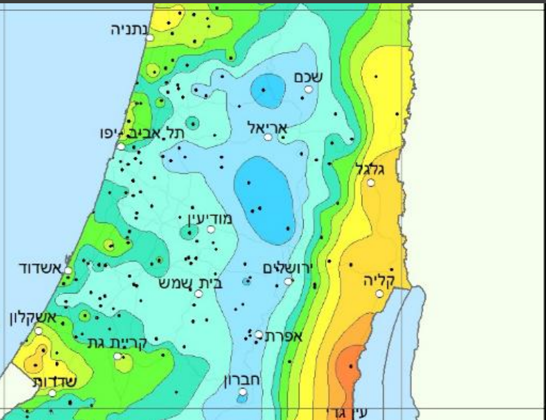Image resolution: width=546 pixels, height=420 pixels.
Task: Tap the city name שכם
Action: coord(308,77)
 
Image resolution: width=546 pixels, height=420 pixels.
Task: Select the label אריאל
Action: coord(268,128)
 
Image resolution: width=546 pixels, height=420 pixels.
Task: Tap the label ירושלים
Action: coord(287,268)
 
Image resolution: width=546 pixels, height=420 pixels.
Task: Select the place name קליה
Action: coord(380,280)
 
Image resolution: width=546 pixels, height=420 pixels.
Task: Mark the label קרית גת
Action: coord(118,343)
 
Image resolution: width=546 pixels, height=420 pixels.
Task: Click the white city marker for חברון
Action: coord(243,392)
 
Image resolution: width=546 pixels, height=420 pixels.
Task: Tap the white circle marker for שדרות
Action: coord(52,393)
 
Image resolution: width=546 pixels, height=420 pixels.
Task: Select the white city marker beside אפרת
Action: coord(259,334)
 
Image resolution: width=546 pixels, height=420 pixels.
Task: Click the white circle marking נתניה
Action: coord(149,37)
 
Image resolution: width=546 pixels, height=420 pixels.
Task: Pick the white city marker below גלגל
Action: coord(371,182)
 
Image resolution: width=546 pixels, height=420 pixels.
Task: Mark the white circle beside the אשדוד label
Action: coord(68,270)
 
